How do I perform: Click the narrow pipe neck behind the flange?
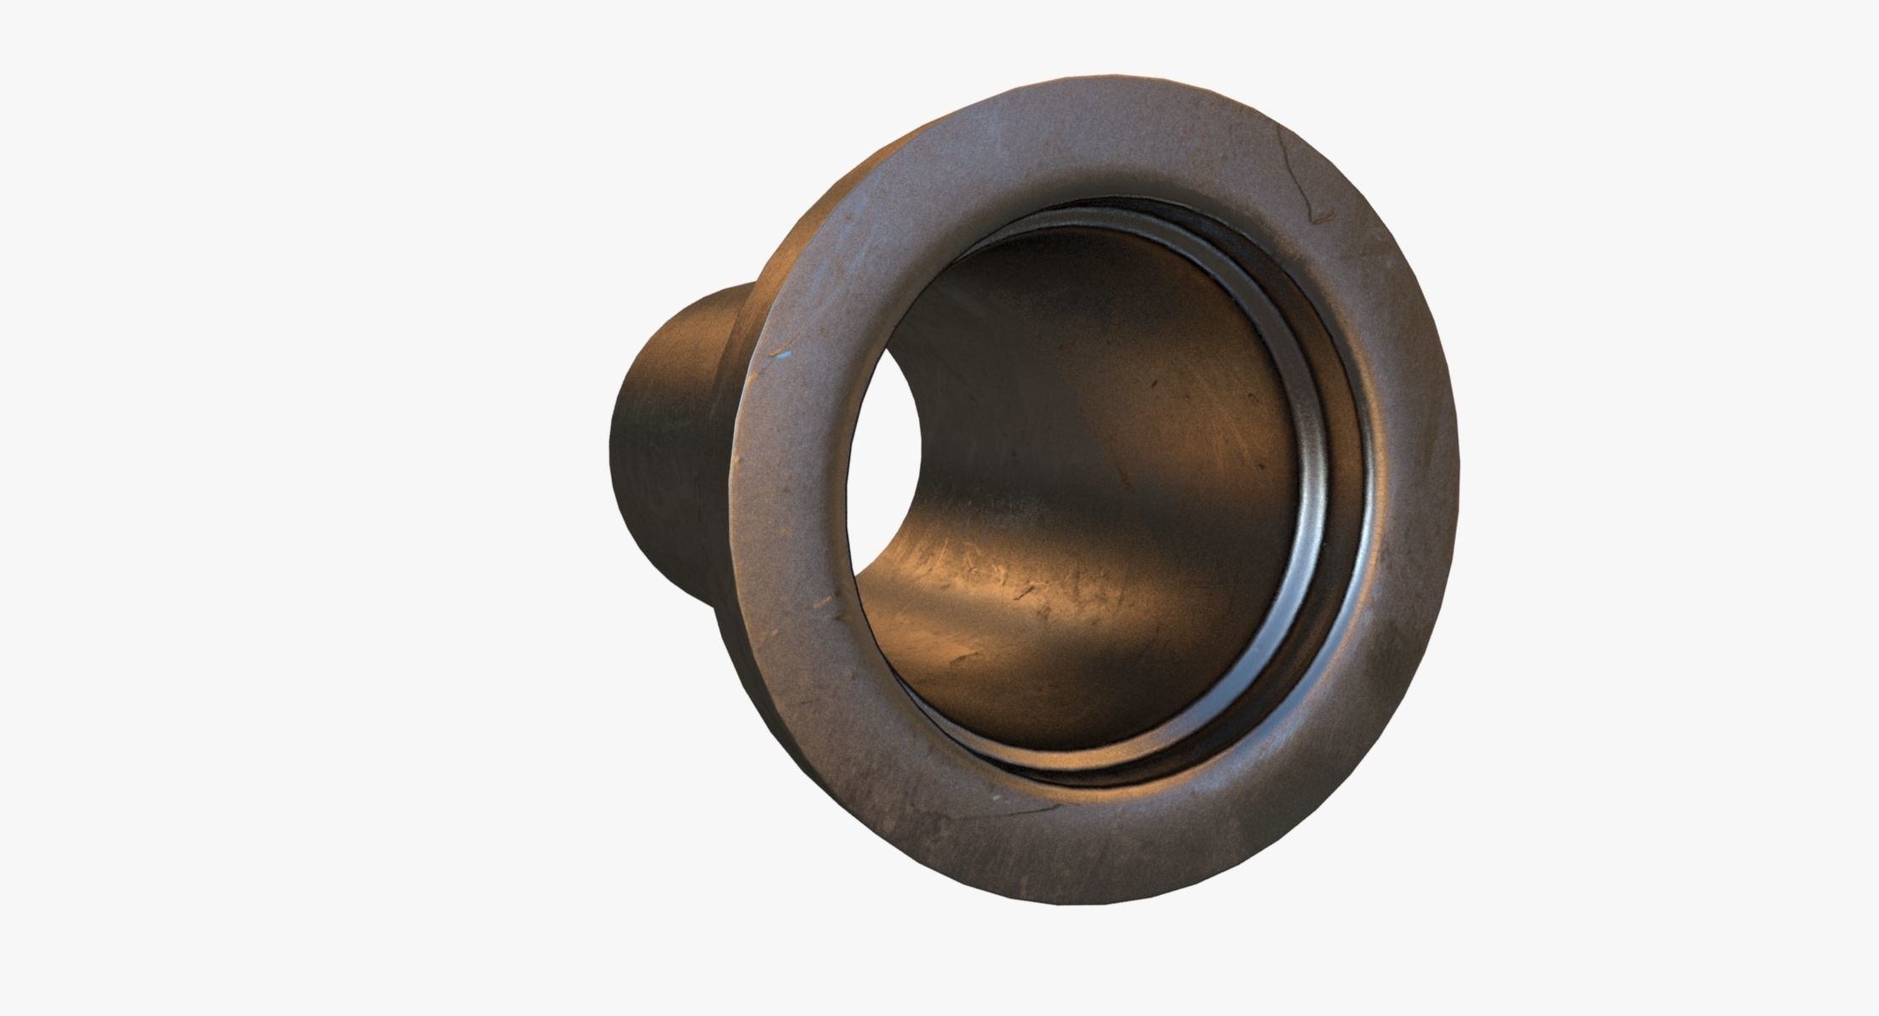[x=669, y=423]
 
